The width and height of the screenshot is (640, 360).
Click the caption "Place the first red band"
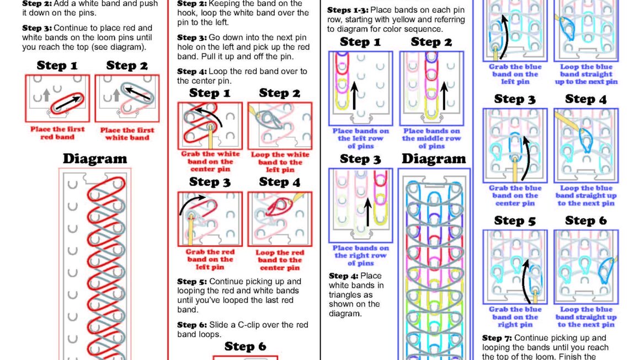57,133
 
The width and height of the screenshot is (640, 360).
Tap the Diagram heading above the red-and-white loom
95,159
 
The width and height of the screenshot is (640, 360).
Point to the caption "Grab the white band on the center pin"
210,162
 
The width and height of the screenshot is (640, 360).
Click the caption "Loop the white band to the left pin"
280,162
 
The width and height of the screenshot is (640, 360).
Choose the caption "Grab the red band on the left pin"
210,259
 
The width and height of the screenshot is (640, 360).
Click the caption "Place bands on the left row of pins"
360,138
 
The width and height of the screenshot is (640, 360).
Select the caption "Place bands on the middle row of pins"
431,138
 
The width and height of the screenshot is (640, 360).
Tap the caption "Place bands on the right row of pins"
360,256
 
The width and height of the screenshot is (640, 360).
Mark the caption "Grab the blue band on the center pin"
515,196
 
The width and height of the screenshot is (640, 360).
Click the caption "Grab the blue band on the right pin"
515,317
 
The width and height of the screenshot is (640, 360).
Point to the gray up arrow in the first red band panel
46,95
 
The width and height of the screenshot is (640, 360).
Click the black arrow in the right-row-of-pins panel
368,212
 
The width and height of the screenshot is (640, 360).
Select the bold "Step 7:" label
497,338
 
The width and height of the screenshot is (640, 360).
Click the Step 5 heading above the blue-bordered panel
515,221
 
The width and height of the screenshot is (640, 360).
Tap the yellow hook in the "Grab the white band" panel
211,137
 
